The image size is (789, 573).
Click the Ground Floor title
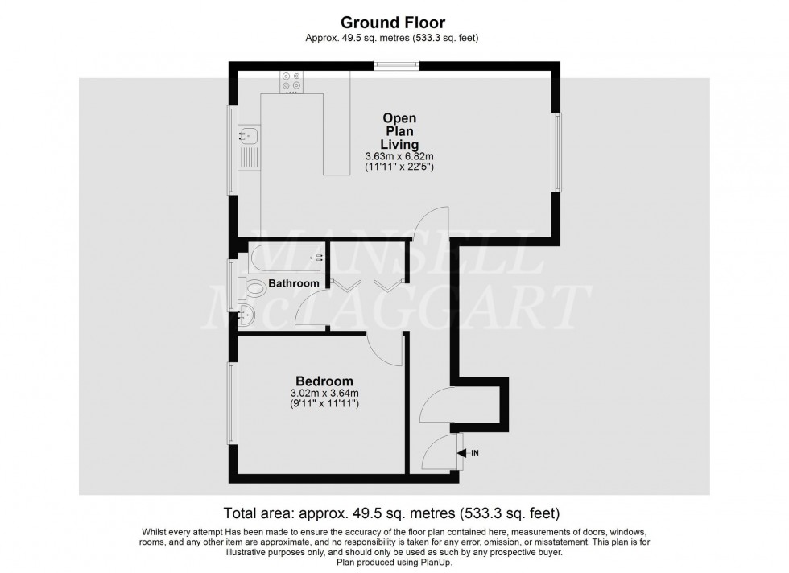tap(393, 23)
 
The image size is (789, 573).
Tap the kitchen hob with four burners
tap(291, 83)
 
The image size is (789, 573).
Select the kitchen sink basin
tap(249, 135)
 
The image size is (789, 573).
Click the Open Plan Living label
tap(399, 131)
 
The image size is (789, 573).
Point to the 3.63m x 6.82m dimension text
tap(399, 156)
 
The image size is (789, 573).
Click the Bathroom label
tap(294, 283)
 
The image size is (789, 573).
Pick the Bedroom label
tap(324, 381)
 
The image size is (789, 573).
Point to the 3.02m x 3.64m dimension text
tap(324, 393)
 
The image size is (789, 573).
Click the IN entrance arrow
tap(468, 453)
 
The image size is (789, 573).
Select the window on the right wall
tap(557, 152)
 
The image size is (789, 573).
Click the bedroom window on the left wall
tap(232, 403)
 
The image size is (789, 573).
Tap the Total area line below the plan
tap(391, 513)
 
